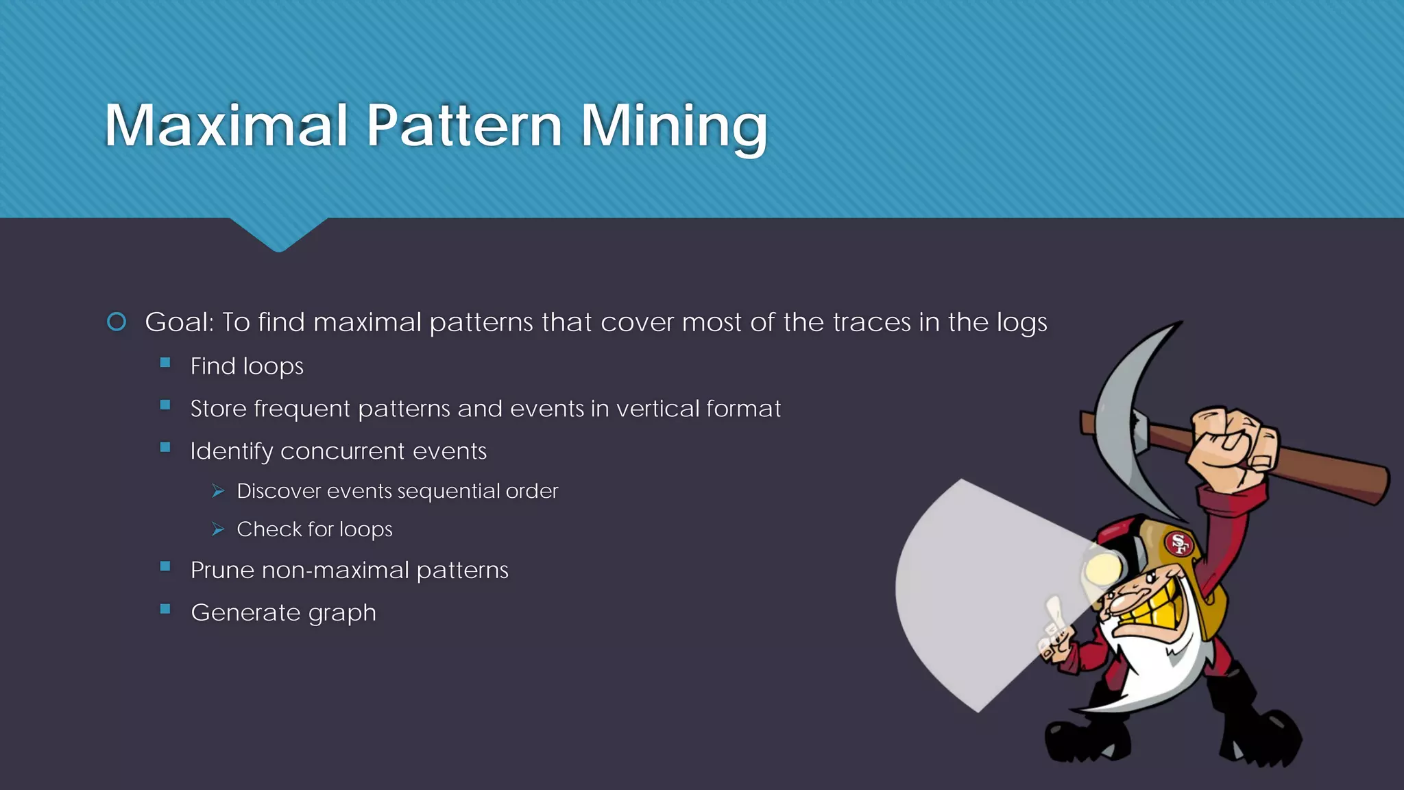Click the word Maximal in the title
(x=226, y=125)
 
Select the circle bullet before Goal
(x=117, y=322)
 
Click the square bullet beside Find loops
(x=165, y=363)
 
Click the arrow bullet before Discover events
(x=218, y=491)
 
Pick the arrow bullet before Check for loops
(x=218, y=529)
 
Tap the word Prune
(x=222, y=571)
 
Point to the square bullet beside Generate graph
(x=165, y=608)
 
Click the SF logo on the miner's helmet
(x=1178, y=544)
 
